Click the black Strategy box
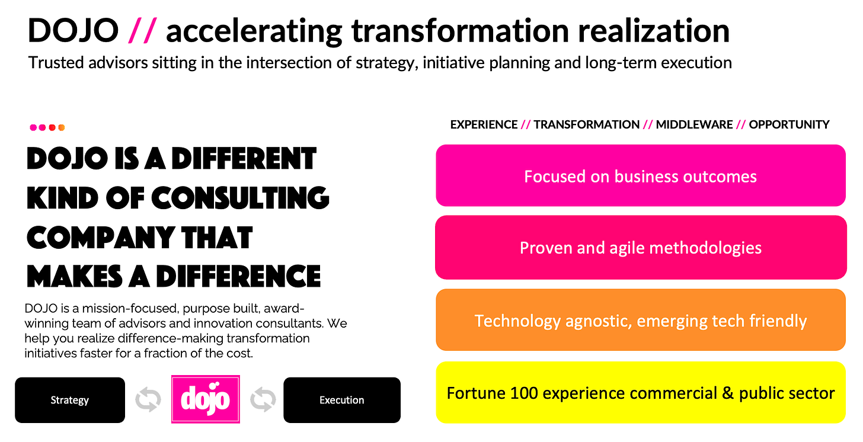pyautogui.click(x=70, y=400)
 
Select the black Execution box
pyautogui.click(x=342, y=400)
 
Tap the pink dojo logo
pyautogui.click(x=205, y=399)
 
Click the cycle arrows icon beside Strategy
pyautogui.click(x=148, y=400)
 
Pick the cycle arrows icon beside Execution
pyautogui.click(x=263, y=400)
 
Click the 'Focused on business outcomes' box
pyautogui.click(x=641, y=175)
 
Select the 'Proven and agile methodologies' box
pyautogui.click(x=641, y=248)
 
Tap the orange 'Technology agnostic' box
pyautogui.click(x=641, y=320)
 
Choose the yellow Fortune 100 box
pyautogui.click(x=641, y=392)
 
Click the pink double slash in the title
pyautogui.click(x=142, y=30)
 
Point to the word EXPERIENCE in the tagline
pyautogui.click(x=484, y=124)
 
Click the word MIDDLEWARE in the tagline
pyautogui.click(x=694, y=124)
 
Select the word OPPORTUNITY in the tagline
pyautogui.click(x=789, y=124)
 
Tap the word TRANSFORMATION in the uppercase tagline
pyautogui.click(x=586, y=124)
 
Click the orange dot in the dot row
pyautogui.click(x=61, y=127)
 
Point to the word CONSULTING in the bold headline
pyautogui.click(x=240, y=198)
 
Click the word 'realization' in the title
pyautogui.click(x=654, y=31)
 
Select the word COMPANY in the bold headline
pyautogui.click(x=100, y=238)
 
